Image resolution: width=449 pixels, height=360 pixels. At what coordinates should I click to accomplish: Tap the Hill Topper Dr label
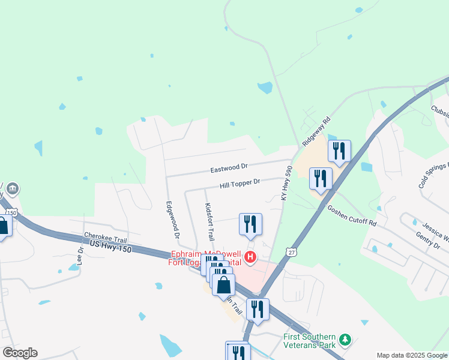[x=239, y=181]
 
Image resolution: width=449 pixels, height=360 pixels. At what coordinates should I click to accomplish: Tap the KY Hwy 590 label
[x=286, y=184]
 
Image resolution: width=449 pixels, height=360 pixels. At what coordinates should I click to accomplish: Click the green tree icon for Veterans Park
[x=345, y=340]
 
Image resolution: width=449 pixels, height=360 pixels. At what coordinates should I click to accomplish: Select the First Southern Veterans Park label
[x=309, y=341]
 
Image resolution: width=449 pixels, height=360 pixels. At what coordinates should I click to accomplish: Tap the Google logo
[x=20, y=353]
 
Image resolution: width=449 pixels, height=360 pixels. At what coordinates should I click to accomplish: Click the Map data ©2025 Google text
[x=411, y=355]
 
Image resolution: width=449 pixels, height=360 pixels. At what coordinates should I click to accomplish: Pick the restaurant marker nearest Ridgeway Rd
[x=339, y=151]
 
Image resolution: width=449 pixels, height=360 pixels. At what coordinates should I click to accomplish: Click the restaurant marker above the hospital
[x=250, y=224]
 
